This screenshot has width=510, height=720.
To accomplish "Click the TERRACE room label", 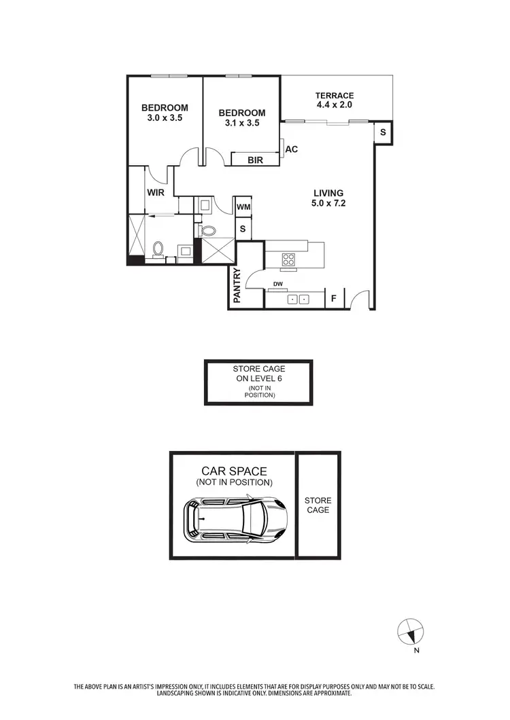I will pyautogui.click(x=335, y=96).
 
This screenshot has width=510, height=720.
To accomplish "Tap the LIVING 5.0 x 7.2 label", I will pyautogui.click(x=328, y=193).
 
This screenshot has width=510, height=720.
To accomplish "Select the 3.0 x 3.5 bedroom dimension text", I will pyautogui.click(x=165, y=118).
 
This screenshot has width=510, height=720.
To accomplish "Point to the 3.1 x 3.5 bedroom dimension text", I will pyautogui.click(x=242, y=123).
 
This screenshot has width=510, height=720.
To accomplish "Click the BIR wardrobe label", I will pyautogui.click(x=245, y=160).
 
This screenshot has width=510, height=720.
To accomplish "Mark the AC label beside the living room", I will pyautogui.click(x=292, y=149).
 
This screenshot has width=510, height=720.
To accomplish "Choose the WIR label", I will pyautogui.click(x=156, y=192).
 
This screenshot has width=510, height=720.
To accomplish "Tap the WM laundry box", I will pyautogui.click(x=243, y=206).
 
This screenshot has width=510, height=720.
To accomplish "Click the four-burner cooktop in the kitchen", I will pyautogui.click(x=288, y=259).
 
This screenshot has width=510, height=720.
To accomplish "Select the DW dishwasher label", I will pyautogui.click(x=277, y=284).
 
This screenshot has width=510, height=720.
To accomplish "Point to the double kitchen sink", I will pyautogui.click(x=298, y=299).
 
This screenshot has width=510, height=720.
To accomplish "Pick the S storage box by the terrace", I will pyautogui.click(x=383, y=132).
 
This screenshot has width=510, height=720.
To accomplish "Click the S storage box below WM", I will pyautogui.click(x=243, y=229).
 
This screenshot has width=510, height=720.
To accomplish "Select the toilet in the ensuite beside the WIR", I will pyautogui.click(x=158, y=250).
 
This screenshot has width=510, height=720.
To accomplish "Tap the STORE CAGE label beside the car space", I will pyautogui.click(x=318, y=505).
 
